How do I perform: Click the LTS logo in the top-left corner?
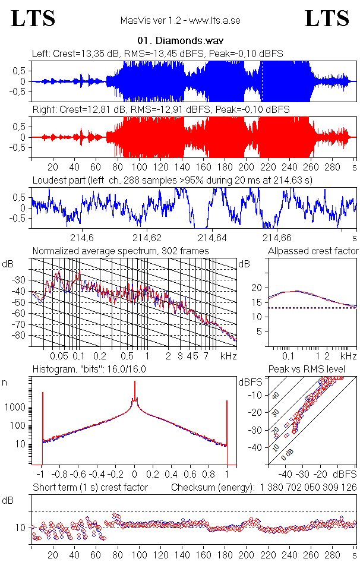tap(33, 18)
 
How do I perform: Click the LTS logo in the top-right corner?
tap(327, 18)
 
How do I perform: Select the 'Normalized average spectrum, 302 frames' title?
tap(121, 251)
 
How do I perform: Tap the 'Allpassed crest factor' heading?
tap(313, 251)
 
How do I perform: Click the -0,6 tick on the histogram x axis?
tap(78, 475)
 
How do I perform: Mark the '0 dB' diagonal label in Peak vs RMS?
tap(288, 454)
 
